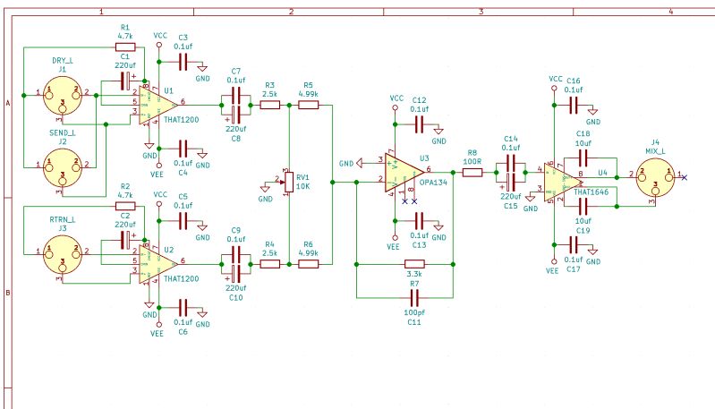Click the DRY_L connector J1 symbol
coord(62,93)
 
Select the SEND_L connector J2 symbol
coord(62,165)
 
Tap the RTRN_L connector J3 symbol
coord(62,253)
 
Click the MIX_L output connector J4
coord(656,175)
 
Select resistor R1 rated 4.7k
coord(124,46)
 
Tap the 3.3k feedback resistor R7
coord(413,265)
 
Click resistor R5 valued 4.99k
coord(309,105)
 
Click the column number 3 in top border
coord(481,11)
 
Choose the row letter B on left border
coord(7,292)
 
